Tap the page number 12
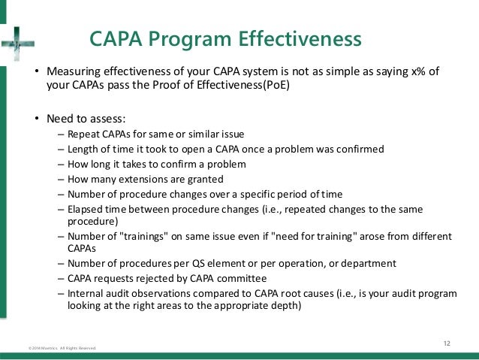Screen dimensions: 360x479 click(447, 343)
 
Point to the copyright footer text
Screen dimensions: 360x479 click(57, 349)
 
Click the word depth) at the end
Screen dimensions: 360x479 click(285, 306)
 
